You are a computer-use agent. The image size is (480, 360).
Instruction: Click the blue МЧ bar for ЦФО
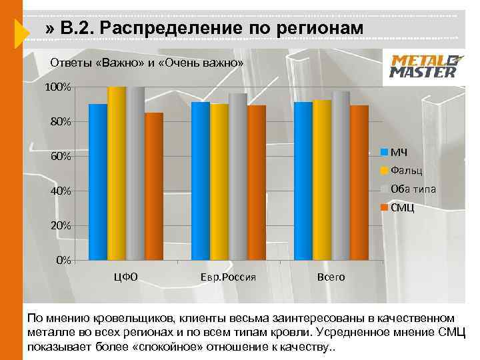98,181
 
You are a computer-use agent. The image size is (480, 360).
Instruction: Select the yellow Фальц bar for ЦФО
117,173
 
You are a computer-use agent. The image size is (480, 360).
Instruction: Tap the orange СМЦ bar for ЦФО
154,186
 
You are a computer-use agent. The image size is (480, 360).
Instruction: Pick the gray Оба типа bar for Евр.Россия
238,176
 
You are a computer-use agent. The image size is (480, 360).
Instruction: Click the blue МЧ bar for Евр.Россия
201,181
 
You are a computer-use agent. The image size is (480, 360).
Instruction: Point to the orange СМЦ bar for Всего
359,182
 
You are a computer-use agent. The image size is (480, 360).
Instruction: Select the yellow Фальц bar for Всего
322,180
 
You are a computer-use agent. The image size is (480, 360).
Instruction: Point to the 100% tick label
57,88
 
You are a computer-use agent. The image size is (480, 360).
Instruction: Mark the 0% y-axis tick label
63,260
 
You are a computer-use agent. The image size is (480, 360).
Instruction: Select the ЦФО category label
126,277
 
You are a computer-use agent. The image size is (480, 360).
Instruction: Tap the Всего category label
331,277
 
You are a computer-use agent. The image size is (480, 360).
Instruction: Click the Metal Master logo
423,66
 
